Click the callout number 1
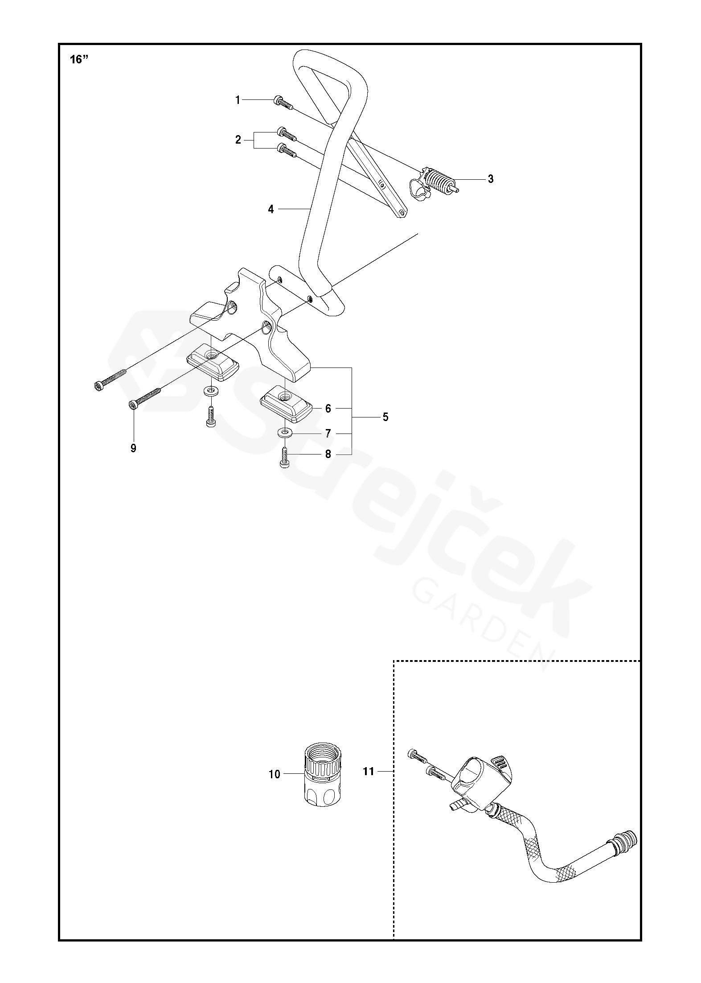tap(238, 100)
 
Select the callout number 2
tap(238, 140)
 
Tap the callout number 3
tap(491, 179)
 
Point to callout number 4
tap(271, 209)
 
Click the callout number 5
tap(385, 417)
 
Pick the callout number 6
tap(328, 408)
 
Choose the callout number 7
tap(328, 434)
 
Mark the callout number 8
tap(328, 454)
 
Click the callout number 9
tap(133, 448)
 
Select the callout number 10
tap(275, 775)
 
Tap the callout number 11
tap(369, 771)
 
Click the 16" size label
tap(78, 60)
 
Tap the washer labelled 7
tap(284, 432)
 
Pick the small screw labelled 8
tap(285, 458)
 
